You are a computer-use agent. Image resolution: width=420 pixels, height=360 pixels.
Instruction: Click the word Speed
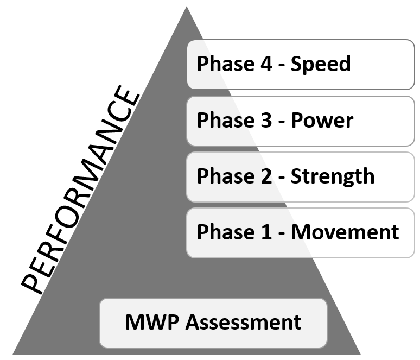pyautogui.click(x=321, y=65)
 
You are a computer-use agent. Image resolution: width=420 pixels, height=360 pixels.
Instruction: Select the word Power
pyautogui.click(x=322, y=121)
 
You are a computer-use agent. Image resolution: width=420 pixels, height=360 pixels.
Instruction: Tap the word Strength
pyautogui.click(x=333, y=176)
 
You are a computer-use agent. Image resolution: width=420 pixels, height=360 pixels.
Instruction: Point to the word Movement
pyautogui.click(x=345, y=232)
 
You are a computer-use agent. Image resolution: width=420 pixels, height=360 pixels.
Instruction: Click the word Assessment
pyautogui.click(x=244, y=322)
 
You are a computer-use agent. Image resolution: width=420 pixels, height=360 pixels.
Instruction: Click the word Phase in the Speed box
pyautogui.click(x=223, y=64)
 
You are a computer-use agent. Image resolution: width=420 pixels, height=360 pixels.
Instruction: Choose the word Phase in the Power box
pyautogui.click(x=223, y=121)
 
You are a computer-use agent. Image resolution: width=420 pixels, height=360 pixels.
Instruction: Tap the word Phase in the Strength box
pyautogui.click(x=223, y=176)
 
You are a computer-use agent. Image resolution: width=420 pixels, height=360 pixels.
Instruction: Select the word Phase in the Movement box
pyautogui.click(x=223, y=232)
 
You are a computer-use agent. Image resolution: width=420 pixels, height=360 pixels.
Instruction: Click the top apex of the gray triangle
pyautogui.click(x=187, y=8)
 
